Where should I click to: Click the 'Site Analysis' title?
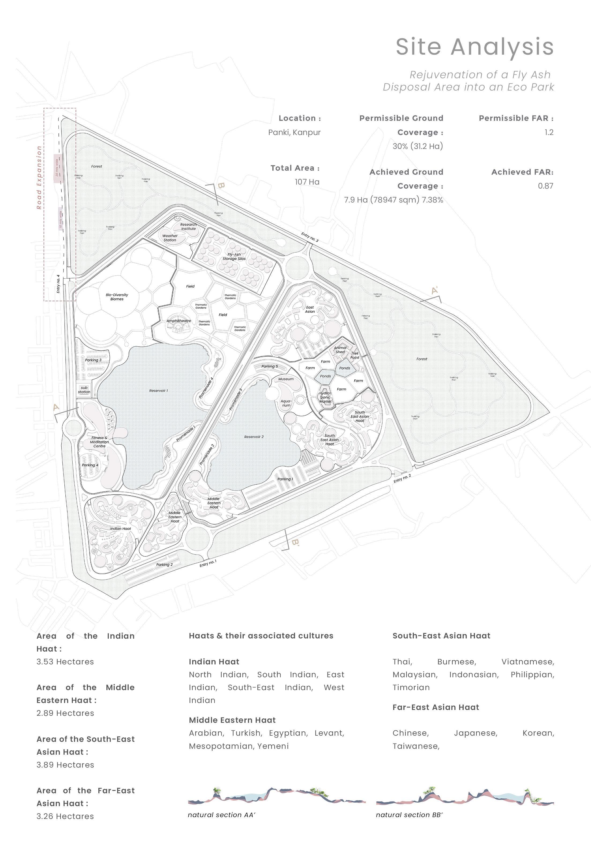click(x=475, y=47)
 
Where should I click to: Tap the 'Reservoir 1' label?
click(x=158, y=390)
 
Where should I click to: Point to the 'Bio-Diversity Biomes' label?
click(x=117, y=297)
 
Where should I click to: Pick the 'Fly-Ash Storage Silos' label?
click(x=234, y=257)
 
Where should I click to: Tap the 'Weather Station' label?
click(x=170, y=238)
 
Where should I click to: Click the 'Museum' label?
click(x=286, y=379)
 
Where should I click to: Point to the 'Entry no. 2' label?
click(x=402, y=478)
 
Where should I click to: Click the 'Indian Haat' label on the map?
click(x=121, y=528)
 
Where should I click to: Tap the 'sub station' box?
click(x=84, y=390)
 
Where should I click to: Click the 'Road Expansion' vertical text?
click(x=39, y=177)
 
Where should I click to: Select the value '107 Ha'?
click(x=307, y=182)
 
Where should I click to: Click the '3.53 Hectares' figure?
click(x=65, y=661)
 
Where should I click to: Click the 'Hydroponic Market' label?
click(x=325, y=397)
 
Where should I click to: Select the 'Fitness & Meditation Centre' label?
click(x=99, y=442)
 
